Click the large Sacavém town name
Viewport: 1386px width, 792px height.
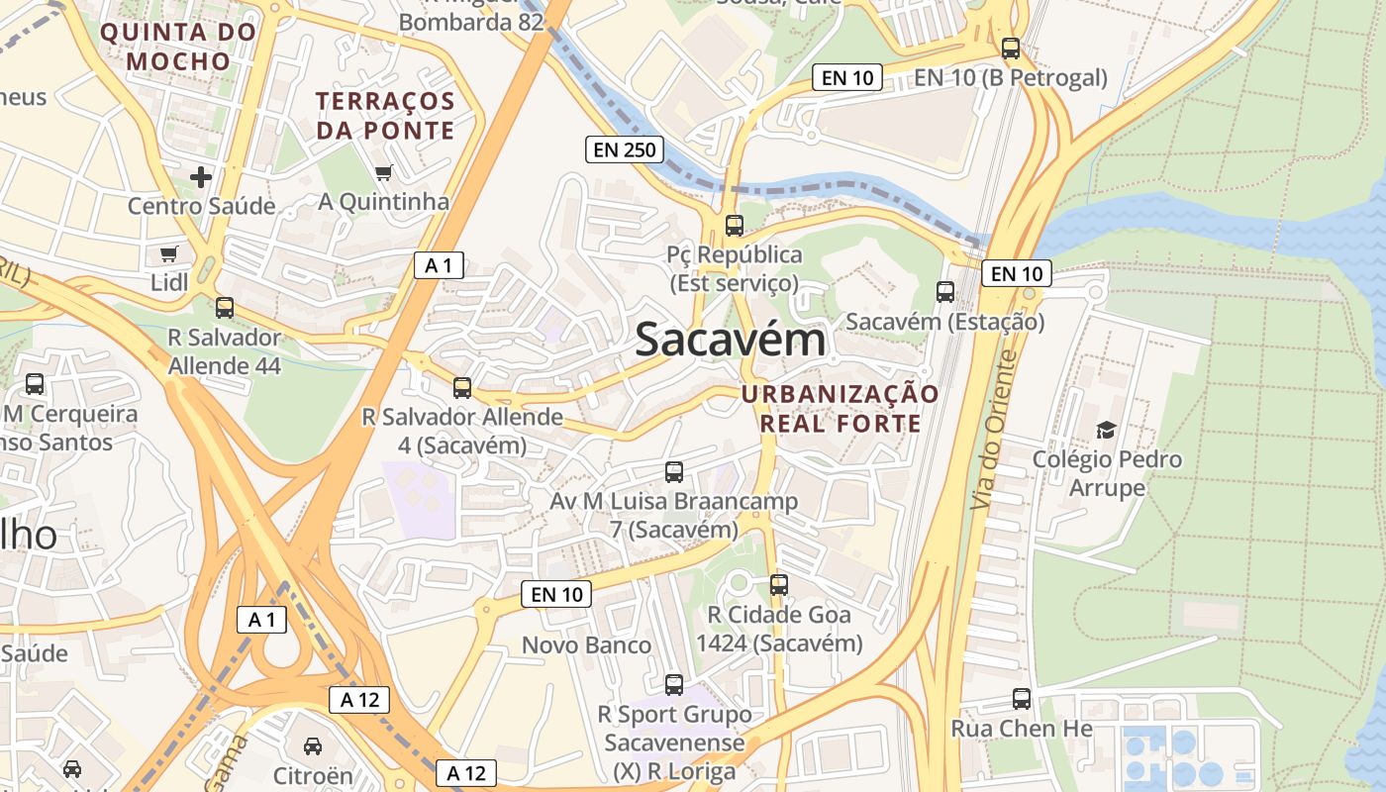[730, 340]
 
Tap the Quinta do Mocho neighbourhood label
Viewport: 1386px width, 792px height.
[178, 47]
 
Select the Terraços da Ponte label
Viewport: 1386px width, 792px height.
[385, 115]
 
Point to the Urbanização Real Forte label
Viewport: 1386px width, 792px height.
[841, 409]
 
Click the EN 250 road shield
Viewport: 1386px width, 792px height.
[623, 149]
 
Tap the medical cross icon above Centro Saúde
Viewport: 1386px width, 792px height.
[201, 177]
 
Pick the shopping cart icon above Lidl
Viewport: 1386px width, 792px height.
[169, 254]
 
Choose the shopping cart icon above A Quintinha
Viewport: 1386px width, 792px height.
[383, 173]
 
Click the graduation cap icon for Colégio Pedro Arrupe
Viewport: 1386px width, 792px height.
[1106, 430]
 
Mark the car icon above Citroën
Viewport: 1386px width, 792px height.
[313, 745]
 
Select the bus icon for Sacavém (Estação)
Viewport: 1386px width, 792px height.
[945, 292]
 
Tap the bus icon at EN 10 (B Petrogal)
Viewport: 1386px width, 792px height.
[1011, 48]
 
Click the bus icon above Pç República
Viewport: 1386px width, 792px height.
[734, 225]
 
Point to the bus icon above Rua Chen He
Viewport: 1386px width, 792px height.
[1022, 699]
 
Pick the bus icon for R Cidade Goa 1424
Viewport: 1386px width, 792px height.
[779, 585]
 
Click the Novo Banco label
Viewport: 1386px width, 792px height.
[586, 645]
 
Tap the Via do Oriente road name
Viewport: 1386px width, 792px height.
[995, 431]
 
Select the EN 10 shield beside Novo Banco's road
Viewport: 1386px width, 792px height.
[555, 594]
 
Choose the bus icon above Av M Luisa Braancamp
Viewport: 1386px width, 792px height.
[674, 472]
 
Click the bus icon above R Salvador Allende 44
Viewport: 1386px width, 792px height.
[225, 308]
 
